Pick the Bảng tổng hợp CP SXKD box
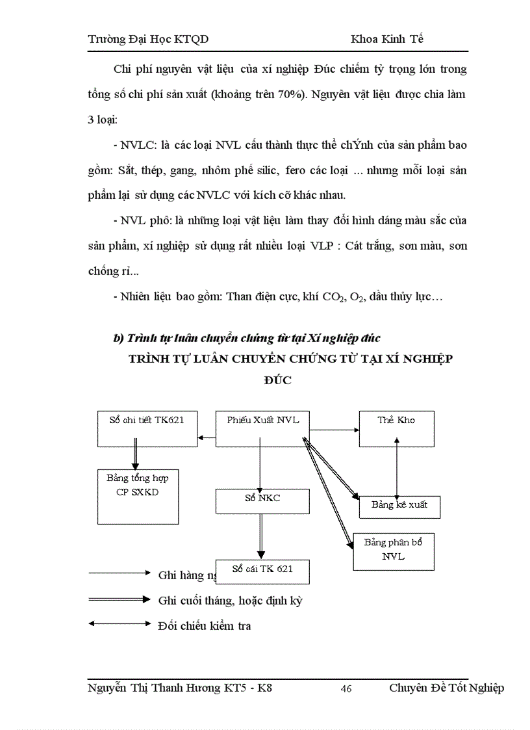(x=138, y=497)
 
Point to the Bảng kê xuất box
(x=399, y=506)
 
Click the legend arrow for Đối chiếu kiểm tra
(x=119, y=624)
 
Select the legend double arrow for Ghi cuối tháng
(x=119, y=599)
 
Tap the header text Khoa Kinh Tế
(x=387, y=39)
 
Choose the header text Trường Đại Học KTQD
(x=148, y=39)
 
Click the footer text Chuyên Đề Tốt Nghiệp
(x=446, y=688)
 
